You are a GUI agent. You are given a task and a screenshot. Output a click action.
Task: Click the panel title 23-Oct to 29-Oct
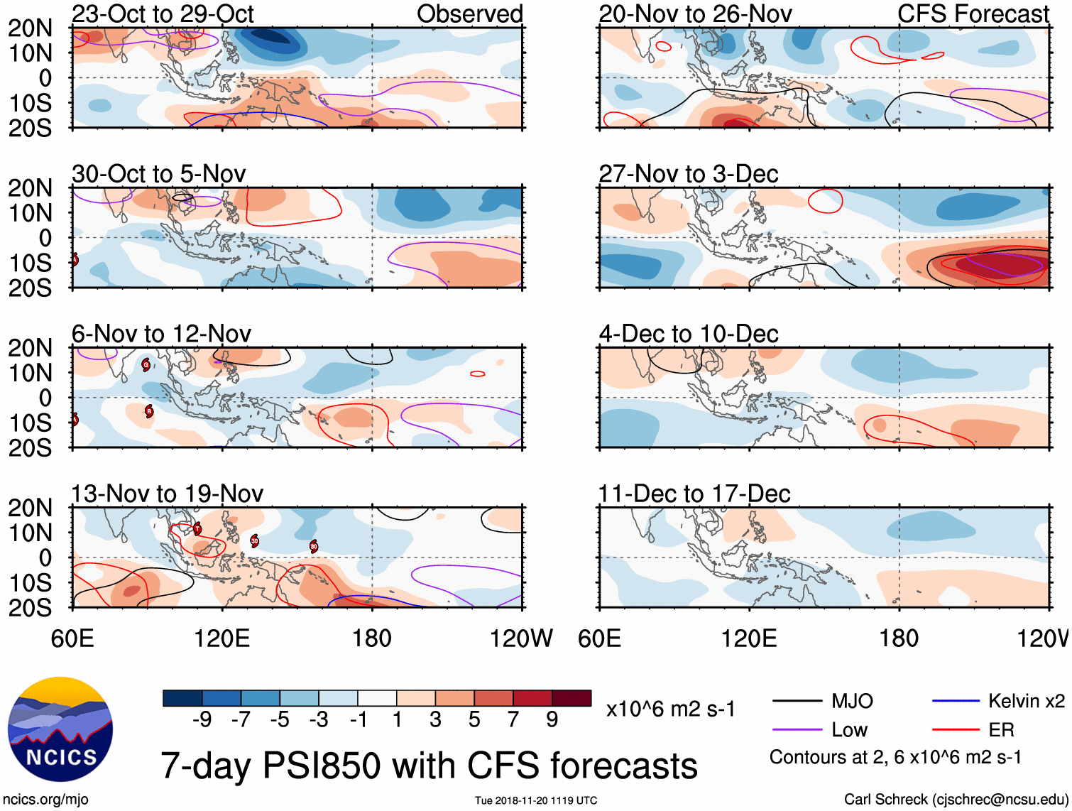pos(163,14)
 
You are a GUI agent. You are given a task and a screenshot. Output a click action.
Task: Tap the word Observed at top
pos(469,14)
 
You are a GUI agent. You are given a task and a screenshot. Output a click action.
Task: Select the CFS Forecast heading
pos(973,14)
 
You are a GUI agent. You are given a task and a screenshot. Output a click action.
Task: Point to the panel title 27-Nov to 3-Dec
pos(689,174)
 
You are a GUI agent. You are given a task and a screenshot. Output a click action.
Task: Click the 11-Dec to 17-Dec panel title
pos(694,494)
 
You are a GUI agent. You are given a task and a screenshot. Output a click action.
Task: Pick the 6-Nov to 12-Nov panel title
pos(161,334)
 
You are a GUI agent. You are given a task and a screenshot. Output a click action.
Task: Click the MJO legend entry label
pos(852,702)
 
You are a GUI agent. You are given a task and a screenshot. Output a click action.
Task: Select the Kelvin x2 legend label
pos(1026,702)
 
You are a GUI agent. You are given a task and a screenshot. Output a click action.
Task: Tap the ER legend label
pos(1001,730)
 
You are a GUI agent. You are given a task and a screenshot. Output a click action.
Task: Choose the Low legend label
pos(849,730)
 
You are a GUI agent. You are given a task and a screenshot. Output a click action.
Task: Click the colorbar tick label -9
pos(202,720)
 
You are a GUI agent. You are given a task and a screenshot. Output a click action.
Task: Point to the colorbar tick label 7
pos(513,720)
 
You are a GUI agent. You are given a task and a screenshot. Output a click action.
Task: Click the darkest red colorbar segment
pos(571,698)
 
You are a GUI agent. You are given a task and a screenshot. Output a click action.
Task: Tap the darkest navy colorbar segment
pos(182,698)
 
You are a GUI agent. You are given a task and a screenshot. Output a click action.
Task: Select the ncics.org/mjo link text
pos(45,800)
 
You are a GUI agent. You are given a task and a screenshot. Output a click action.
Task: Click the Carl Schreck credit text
pos(955,800)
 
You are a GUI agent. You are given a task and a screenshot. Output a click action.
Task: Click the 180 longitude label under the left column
pos(372,638)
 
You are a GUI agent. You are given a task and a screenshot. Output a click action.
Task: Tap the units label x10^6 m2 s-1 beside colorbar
pos(670,709)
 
